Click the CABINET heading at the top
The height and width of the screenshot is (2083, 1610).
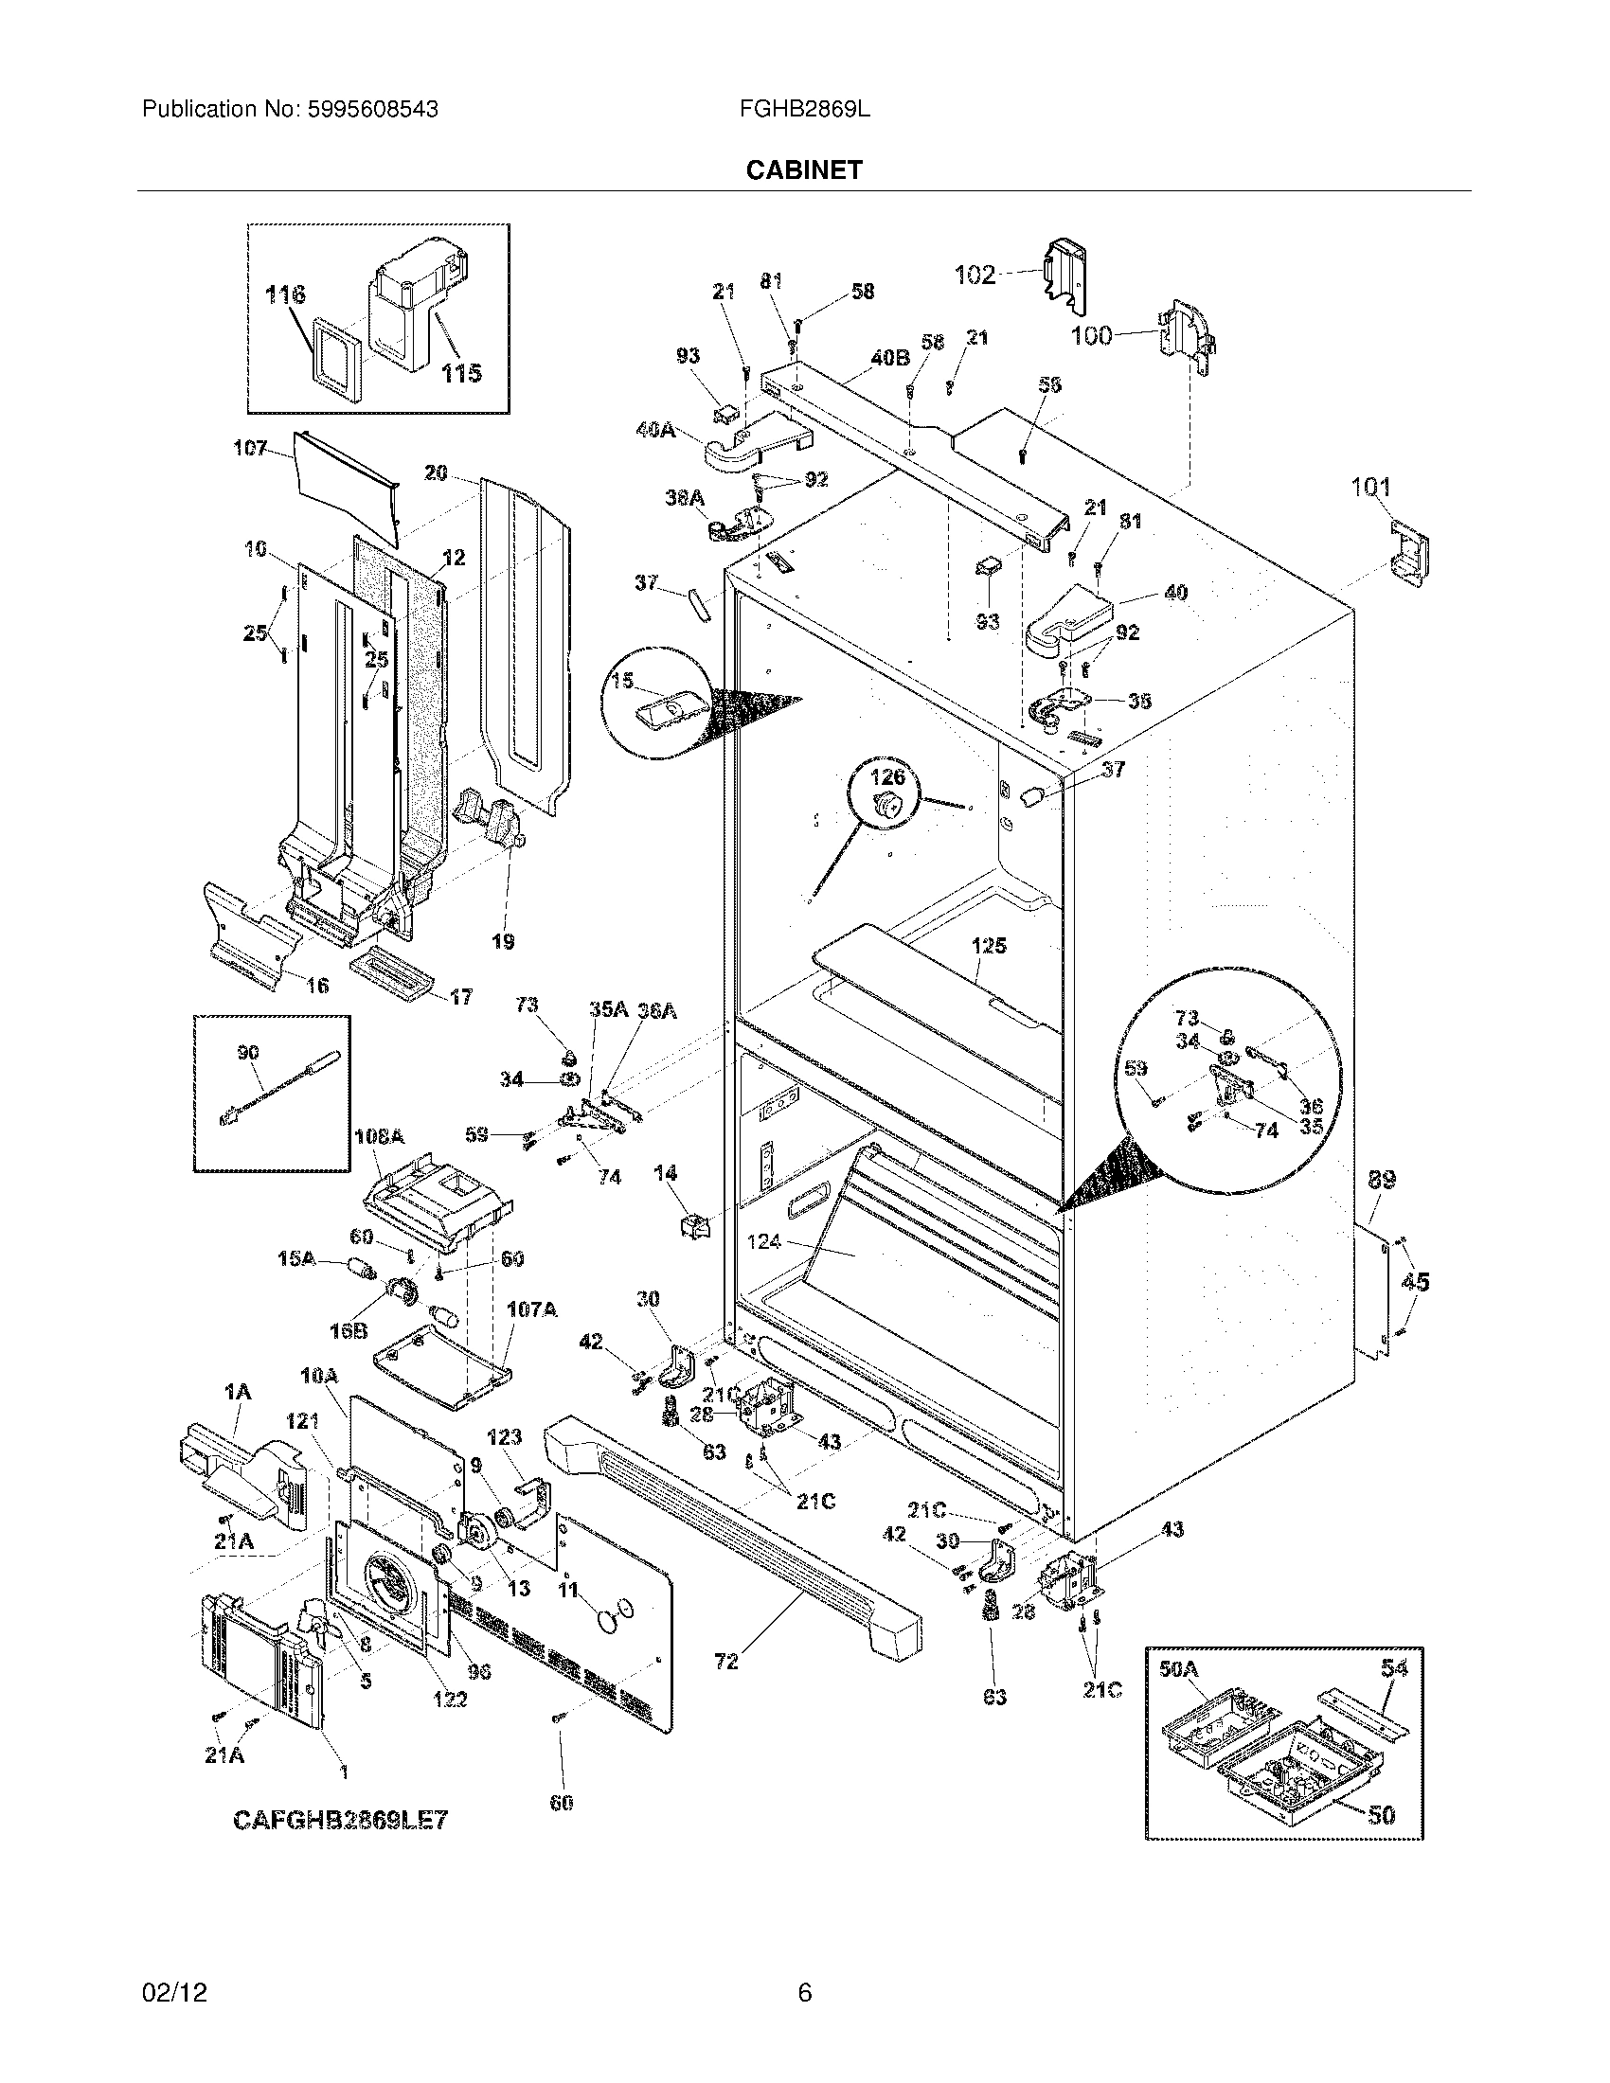click(x=803, y=169)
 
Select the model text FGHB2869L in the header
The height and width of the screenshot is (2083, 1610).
click(x=804, y=110)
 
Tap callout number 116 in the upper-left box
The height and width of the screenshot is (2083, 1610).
click(x=285, y=294)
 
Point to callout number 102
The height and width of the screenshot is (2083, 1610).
click(x=975, y=276)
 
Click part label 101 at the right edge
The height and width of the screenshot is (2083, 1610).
click(x=1370, y=488)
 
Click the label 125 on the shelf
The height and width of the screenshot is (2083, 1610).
click(x=989, y=946)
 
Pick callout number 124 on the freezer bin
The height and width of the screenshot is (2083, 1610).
click(x=764, y=1241)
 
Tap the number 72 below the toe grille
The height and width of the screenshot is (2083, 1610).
click(x=725, y=1663)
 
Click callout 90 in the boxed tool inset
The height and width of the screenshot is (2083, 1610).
click(x=248, y=1053)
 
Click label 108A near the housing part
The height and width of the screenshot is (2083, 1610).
click(x=379, y=1137)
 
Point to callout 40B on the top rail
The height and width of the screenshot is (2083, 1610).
click(x=889, y=359)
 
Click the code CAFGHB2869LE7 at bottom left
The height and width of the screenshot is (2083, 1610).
click(x=341, y=1820)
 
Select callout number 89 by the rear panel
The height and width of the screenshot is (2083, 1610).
click(x=1381, y=1180)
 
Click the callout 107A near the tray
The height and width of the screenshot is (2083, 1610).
click(x=531, y=1310)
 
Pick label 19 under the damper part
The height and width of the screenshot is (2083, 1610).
click(x=503, y=942)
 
